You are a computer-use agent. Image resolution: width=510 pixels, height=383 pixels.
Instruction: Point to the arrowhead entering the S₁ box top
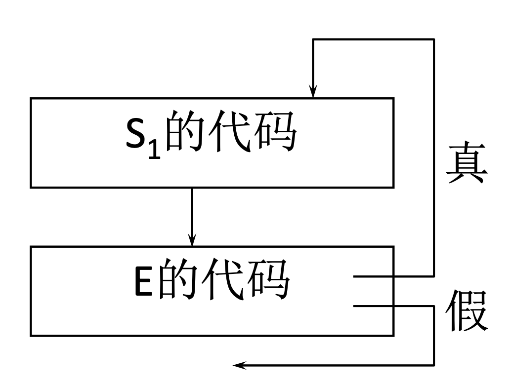coord(312,91)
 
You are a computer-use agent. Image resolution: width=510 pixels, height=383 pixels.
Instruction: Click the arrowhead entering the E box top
coord(192,239)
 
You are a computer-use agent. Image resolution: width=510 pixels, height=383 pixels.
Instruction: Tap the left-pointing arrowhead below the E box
coord(239,365)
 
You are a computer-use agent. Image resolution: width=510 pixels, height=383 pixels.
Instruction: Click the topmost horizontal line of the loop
coord(373,39)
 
